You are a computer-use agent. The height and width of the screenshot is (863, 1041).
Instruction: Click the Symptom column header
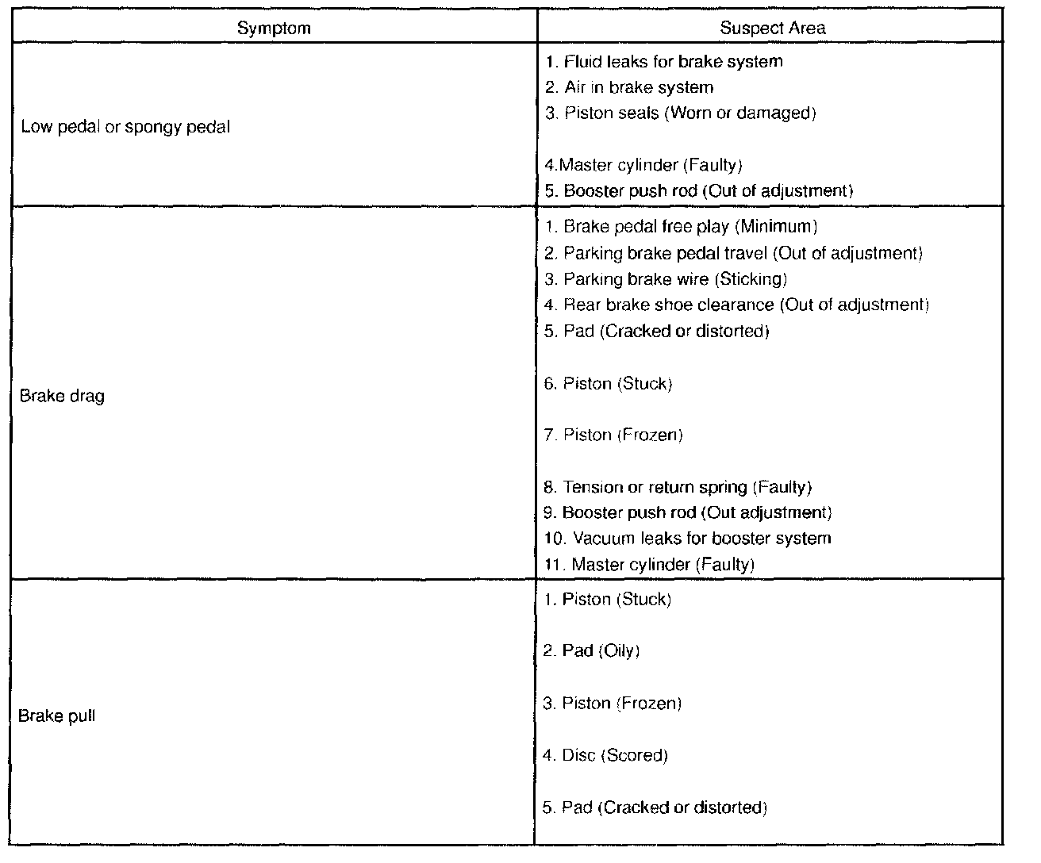(x=274, y=29)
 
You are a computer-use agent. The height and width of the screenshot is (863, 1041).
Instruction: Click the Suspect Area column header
(x=772, y=29)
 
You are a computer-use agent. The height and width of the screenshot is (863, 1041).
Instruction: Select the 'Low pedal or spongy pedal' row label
(x=125, y=127)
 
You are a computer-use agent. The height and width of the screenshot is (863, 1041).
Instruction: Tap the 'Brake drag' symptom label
(x=62, y=396)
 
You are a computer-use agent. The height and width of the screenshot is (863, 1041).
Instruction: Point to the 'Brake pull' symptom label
(x=57, y=715)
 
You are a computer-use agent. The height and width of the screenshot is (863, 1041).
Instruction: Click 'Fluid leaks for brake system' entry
(x=664, y=62)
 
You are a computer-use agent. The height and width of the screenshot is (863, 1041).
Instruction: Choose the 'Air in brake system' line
(x=629, y=87)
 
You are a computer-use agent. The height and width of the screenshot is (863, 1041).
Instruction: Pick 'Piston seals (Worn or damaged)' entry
(x=681, y=113)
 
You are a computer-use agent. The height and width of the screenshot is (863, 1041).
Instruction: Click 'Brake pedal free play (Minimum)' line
(x=681, y=227)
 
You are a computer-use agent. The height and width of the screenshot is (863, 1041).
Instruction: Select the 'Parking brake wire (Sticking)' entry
(x=666, y=279)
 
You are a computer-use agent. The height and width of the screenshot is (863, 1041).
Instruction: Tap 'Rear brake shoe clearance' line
(x=736, y=305)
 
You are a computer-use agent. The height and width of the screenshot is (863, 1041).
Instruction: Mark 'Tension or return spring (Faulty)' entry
(x=678, y=487)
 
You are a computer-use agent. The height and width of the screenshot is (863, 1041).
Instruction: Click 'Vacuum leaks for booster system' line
(x=687, y=539)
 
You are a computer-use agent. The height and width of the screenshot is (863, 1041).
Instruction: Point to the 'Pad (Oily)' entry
(x=591, y=651)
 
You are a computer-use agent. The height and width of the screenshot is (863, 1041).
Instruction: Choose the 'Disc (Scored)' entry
(x=605, y=755)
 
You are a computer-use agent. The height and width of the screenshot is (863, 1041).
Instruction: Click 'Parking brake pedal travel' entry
(x=734, y=253)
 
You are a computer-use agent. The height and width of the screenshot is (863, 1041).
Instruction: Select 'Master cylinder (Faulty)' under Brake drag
(x=649, y=565)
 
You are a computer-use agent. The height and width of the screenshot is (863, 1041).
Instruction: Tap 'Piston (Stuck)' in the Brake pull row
(x=607, y=600)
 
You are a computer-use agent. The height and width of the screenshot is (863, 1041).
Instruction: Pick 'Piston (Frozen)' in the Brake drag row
(x=613, y=435)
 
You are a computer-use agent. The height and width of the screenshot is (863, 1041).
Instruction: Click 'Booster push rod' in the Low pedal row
(x=699, y=191)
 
